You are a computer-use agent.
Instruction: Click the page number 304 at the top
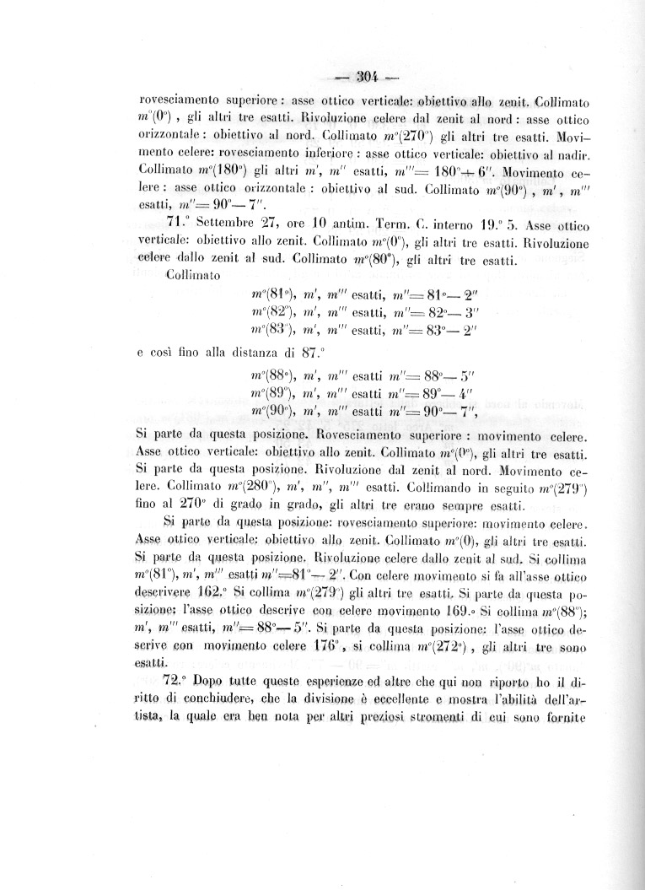pyautogui.click(x=366, y=78)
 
